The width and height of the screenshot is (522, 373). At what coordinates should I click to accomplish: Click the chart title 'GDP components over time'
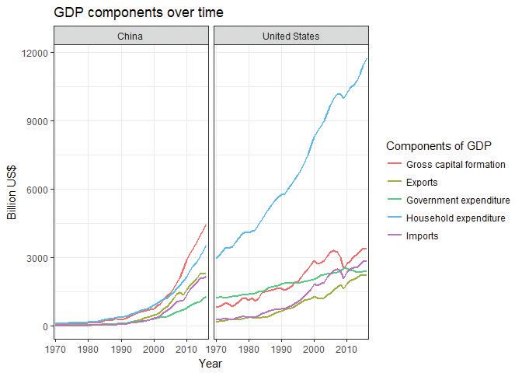[x=138, y=12]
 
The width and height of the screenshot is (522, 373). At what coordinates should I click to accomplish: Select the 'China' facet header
[x=130, y=37]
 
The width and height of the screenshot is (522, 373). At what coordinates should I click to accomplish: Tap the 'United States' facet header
[x=291, y=37]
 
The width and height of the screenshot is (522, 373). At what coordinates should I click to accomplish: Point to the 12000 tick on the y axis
[x=36, y=53]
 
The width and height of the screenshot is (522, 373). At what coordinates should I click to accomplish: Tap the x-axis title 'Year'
[x=211, y=363]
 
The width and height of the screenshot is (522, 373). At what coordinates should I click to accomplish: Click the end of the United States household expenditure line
[x=367, y=58]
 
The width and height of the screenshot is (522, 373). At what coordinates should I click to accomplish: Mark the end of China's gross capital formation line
[x=206, y=225]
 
